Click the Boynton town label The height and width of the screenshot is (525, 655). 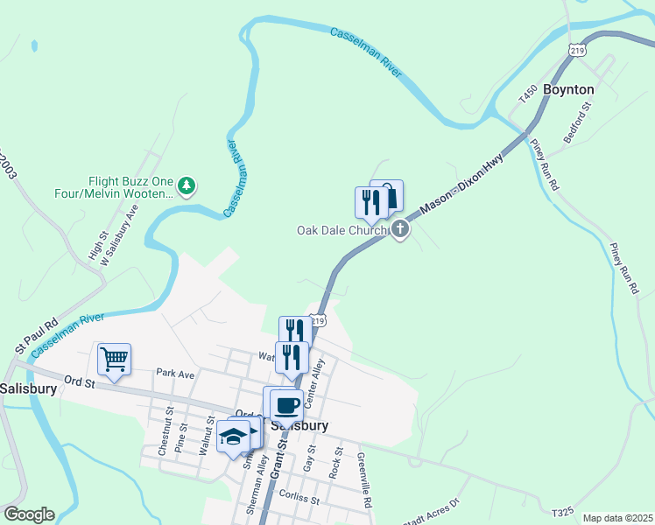click(568, 89)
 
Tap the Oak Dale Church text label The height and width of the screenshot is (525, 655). click(342, 230)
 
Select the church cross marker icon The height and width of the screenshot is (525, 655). click(400, 230)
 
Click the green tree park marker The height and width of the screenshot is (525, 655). click(186, 185)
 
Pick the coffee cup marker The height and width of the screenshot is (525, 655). click(285, 404)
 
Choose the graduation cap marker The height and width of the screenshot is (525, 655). click(234, 437)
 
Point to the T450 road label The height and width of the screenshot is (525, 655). click(527, 93)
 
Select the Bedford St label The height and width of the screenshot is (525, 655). click(579, 116)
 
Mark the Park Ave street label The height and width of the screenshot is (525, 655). click(174, 373)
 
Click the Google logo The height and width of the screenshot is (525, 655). click(28, 514)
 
